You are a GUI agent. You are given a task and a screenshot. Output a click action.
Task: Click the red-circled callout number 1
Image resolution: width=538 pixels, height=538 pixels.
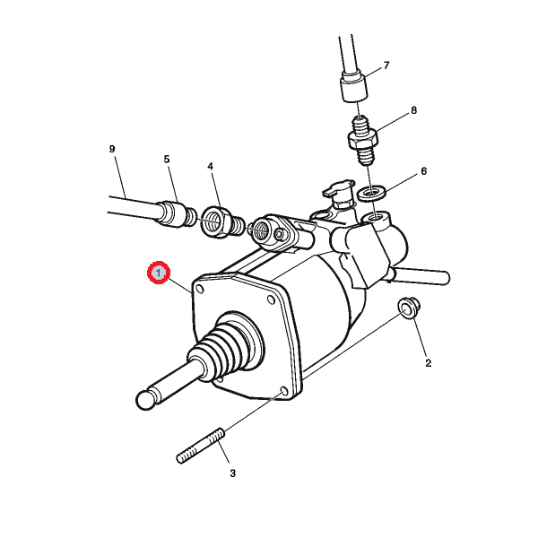point(159,273)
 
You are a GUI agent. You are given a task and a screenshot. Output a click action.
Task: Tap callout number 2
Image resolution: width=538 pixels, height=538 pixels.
point(428,363)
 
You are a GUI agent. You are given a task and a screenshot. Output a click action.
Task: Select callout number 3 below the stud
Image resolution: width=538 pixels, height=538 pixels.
point(232,473)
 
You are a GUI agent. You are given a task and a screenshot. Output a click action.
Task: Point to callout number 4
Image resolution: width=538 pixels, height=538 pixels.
point(210,167)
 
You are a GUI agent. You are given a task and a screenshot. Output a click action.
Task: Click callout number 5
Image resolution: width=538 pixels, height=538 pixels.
point(167,160)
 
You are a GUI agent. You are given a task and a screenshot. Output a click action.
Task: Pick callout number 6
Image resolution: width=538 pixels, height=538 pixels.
point(424,171)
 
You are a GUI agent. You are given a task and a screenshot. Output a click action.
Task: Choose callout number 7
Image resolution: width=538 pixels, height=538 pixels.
point(386,65)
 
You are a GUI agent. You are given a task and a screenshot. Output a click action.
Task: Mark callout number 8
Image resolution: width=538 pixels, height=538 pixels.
point(413,110)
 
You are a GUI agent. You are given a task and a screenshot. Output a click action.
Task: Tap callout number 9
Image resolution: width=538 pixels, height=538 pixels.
point(112,149)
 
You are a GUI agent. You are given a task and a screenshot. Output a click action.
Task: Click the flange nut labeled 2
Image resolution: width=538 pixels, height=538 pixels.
point(408,308)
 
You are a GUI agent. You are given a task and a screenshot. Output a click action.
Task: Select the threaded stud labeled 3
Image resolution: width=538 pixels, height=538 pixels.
point(201,446)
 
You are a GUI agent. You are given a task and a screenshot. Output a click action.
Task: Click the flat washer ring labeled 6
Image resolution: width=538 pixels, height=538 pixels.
point(371,193)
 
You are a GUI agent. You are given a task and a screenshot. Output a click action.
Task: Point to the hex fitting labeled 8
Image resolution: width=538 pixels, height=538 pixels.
point(363,141)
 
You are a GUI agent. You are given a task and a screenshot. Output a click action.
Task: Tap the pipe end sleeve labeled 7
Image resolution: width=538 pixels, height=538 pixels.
point(354,85)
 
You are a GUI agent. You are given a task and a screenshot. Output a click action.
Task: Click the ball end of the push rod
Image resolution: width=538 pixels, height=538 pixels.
point(146,400)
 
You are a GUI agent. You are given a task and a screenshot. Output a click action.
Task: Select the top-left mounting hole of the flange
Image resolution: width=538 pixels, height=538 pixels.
point(199,290)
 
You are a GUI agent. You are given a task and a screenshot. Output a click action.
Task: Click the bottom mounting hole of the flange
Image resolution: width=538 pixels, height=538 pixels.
point(283,391)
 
